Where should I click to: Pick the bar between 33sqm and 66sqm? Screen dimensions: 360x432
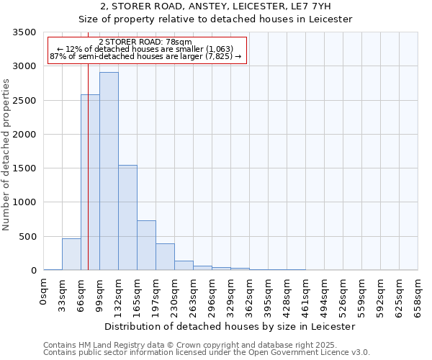pyautogui.click(x=71, y=254)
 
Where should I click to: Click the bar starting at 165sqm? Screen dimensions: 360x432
pyautogui.click(x=146, y=245)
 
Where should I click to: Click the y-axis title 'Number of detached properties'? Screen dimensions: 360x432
pyautogui.click(x=7, y=156)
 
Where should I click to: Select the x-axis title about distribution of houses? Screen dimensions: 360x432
pyautogui.click(x=230, y=326)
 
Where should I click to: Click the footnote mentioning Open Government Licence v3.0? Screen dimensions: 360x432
pyautogui.click(x=207, y=353)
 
